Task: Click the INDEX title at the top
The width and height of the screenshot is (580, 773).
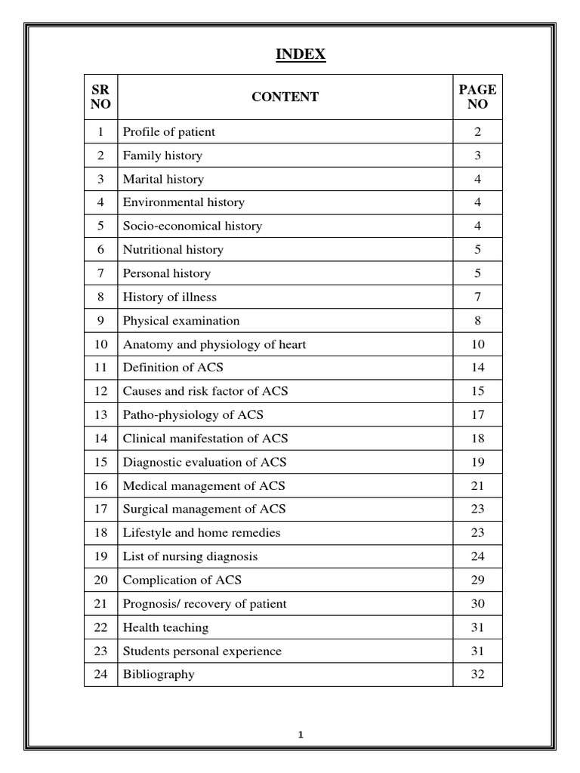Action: click(x=301, y=54)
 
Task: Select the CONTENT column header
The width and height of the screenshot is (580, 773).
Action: click(x=285, y=97)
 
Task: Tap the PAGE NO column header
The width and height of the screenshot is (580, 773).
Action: click(x=477, y=97)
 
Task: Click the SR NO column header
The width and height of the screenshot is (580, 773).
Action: click(x=100, y=97)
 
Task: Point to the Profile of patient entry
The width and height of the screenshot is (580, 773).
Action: click(x=169, y=132)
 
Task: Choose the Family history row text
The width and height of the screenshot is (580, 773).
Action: click(x=162, y=156)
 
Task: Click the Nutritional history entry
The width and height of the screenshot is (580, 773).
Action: click(x=173, y=250)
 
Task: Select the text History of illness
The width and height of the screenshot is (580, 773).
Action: click(x=170, y=297)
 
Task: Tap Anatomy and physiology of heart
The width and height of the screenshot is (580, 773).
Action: click(x=214, y=344)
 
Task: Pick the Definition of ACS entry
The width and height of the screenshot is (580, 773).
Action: click(x=173, y=368)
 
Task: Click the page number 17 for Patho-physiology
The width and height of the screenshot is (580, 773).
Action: click(x=477, y=415)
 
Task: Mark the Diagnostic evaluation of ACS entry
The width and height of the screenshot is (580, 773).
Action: click(x=205, y=462)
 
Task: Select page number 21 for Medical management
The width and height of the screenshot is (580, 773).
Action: click(x=477, y=486)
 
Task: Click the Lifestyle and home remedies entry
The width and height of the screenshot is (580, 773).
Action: click(x=202, y=533)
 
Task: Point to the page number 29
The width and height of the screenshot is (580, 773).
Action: click(x=477, y=581)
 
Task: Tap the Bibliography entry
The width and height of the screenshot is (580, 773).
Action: click(x=159, y=675)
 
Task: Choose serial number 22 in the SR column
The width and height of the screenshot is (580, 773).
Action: click(x=100, y=627)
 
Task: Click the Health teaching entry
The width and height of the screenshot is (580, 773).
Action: click(x=165, y=627)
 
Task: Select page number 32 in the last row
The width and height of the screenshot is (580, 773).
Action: click(x=477, y=675)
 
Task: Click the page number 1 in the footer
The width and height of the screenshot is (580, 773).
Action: click(x=301, y=734)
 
